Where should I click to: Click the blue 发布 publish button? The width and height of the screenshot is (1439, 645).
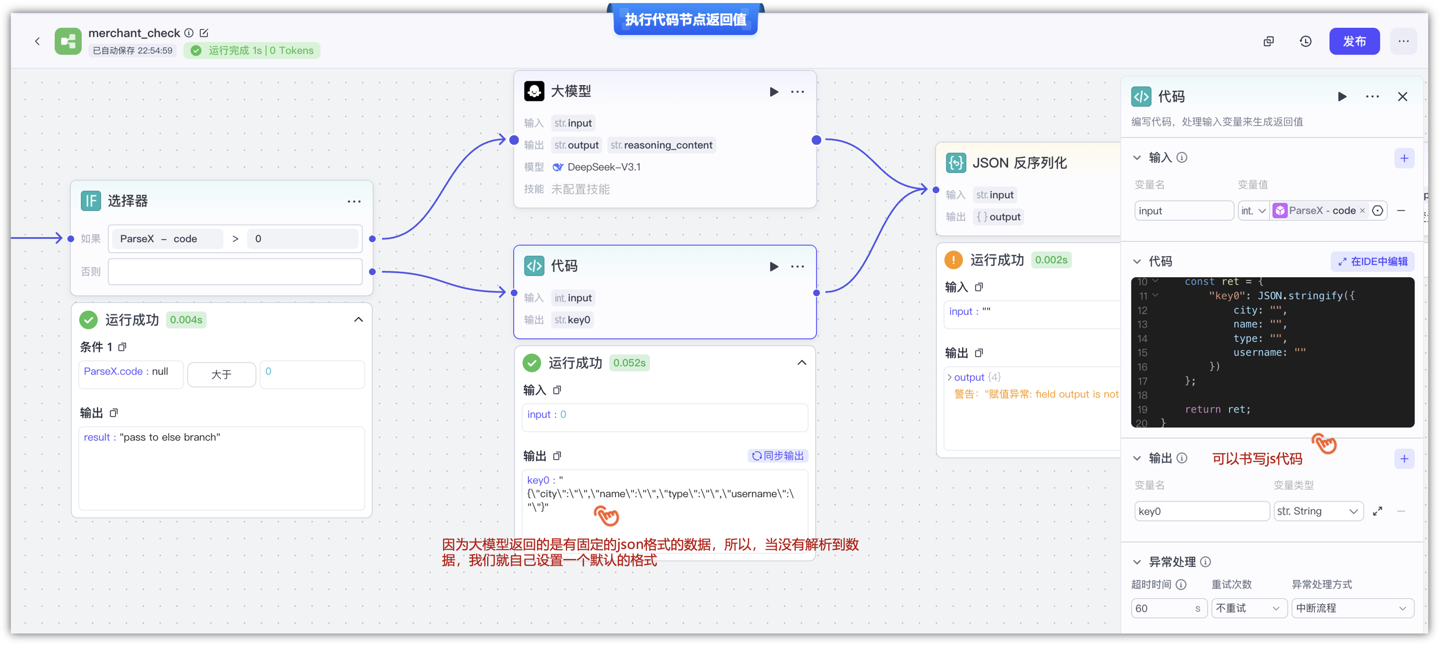tap(1354, 42)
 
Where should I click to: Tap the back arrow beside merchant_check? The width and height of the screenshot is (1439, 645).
tap(37, 42)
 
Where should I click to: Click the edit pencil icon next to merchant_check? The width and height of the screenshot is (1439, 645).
tap(204, 33)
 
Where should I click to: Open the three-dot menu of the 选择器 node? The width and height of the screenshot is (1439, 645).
tap(354, 201)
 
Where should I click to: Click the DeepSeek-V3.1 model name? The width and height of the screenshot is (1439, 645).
tap(604, 167)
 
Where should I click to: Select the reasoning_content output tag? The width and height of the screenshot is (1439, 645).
tap(661, 145)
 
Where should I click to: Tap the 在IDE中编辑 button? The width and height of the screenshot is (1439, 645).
tap(1373, 262)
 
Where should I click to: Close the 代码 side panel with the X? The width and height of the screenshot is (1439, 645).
tap(1402, 97)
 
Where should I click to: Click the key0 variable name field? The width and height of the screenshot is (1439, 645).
tap(1202, 511)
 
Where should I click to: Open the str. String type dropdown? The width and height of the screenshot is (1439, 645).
tap(1318, 511)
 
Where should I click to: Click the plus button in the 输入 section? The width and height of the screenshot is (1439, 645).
tap(1404, 158)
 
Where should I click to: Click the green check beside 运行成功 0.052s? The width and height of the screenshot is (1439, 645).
tap(532, 363)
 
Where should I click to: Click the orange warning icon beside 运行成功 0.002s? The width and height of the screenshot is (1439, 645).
tap(953, 260)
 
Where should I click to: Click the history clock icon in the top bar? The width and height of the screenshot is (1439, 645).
tap(1305, 42)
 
